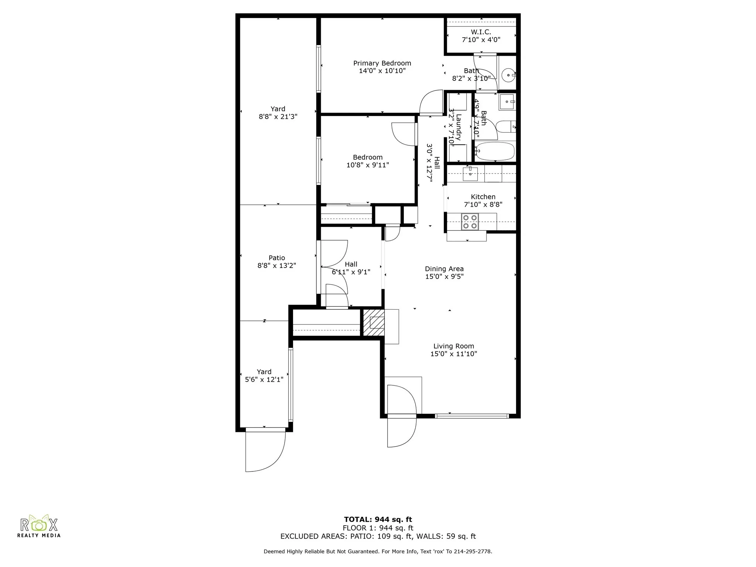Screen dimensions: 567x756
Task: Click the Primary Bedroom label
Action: tap(382, 63)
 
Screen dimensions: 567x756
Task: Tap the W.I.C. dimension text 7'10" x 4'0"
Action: tap(481, 40)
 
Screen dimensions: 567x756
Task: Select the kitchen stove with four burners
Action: tap(470, 222)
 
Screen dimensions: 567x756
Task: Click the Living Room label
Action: tap(454, 346)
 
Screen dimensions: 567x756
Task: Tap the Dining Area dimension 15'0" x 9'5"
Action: tap(444, 276)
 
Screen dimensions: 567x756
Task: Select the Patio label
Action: tap(276, 258)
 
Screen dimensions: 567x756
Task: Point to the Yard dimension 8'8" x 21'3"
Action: tap(278, 117)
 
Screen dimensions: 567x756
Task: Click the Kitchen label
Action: tap(483, 197)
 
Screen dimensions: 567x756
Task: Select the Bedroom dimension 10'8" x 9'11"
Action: tap(367, 165)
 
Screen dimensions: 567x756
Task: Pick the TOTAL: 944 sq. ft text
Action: tap(378, 520)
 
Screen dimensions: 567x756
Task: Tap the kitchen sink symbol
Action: tap(470, 173)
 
